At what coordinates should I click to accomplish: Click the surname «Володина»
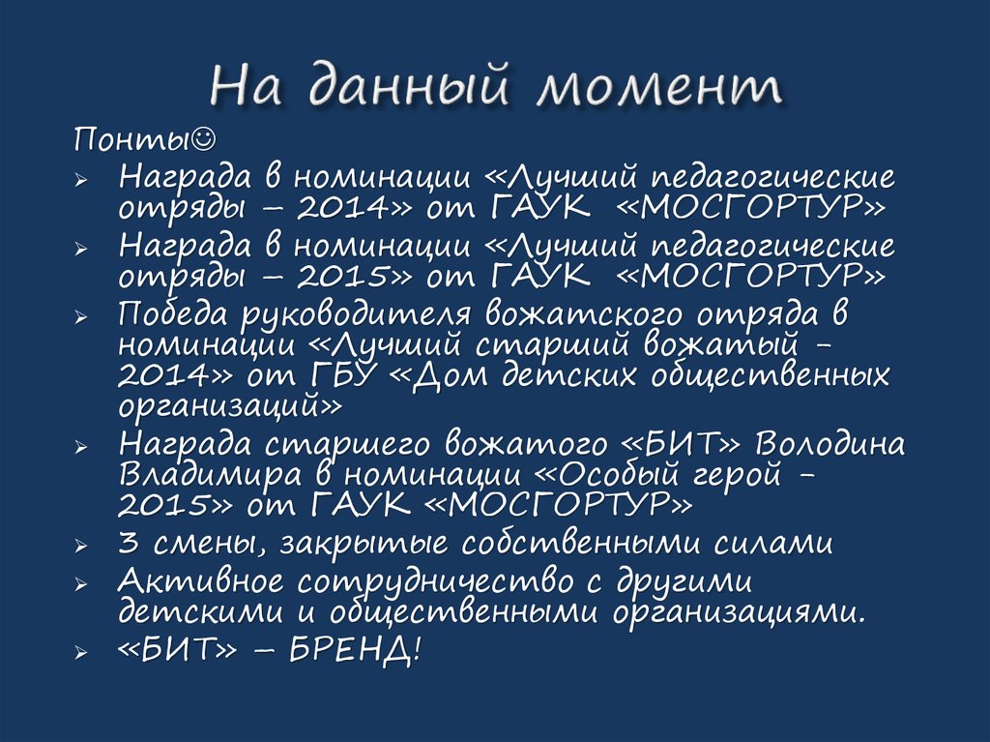[x=830, y=446]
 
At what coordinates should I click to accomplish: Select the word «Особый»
[x=612, y=475]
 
